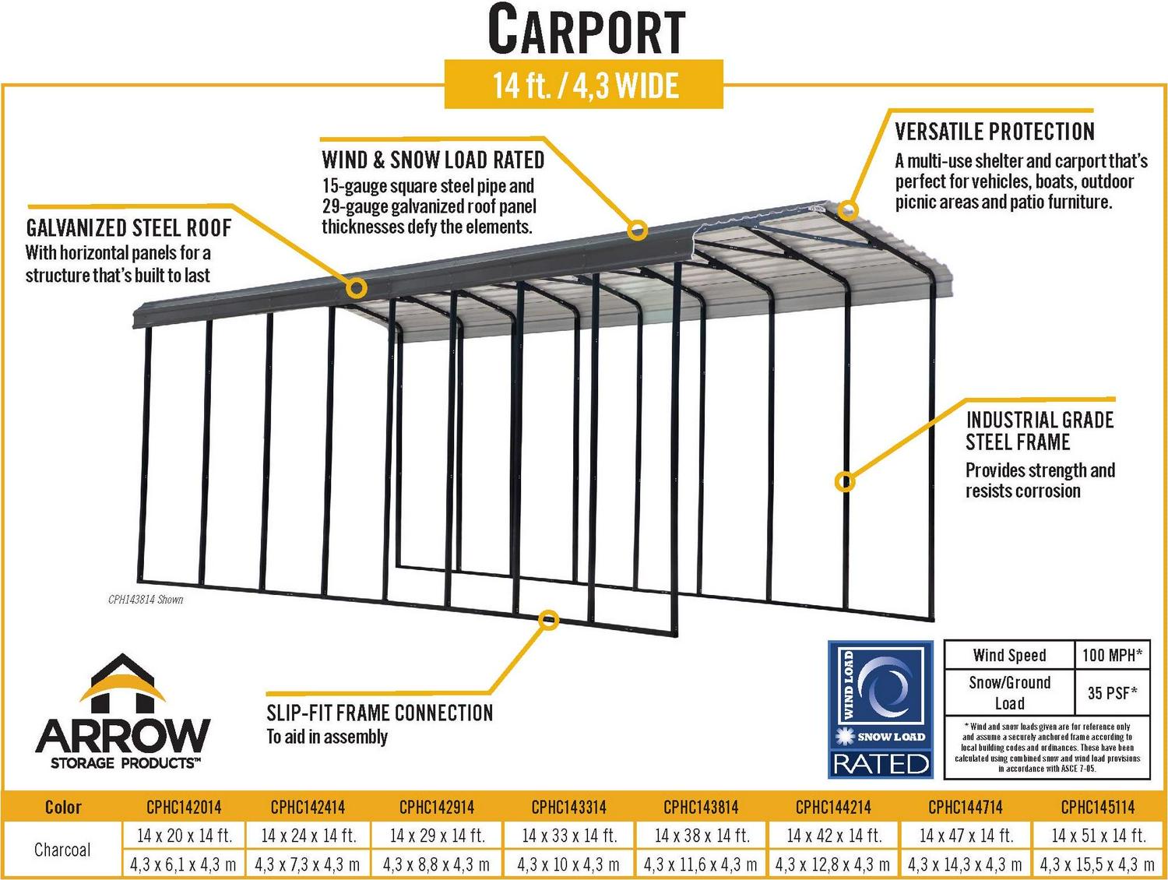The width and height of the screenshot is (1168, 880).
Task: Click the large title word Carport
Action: [586, 30]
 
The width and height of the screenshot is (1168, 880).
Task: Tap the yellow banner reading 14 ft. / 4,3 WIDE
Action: [584, 84]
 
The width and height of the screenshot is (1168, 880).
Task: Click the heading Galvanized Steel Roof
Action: [128, 228]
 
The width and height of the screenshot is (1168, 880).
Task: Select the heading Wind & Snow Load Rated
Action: [433, 160]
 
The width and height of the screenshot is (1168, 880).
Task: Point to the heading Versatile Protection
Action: [994, 132]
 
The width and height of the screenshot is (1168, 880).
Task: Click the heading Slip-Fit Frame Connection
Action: [379, 713]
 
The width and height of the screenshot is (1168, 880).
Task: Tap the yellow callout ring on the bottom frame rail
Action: [548, 620]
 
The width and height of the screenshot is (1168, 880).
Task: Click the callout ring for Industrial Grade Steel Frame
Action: [845, 482]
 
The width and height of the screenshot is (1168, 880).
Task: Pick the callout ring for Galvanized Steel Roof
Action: [357, 288]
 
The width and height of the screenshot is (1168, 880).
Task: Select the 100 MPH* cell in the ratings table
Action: [1112, 654]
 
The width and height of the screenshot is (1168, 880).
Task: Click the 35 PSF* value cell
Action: [1112, 692]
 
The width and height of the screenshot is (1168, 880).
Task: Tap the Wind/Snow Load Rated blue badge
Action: [881, 709]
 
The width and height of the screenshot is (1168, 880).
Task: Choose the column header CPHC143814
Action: [701, 807]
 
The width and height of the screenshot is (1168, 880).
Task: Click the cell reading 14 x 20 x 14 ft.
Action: [185, 836]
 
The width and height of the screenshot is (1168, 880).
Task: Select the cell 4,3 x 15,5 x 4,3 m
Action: [1097, 865]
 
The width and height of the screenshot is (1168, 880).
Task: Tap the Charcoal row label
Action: [62, 850]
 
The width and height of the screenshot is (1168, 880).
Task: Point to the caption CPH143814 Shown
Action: [146, 600]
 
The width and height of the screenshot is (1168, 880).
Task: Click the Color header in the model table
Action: [63, 807]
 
